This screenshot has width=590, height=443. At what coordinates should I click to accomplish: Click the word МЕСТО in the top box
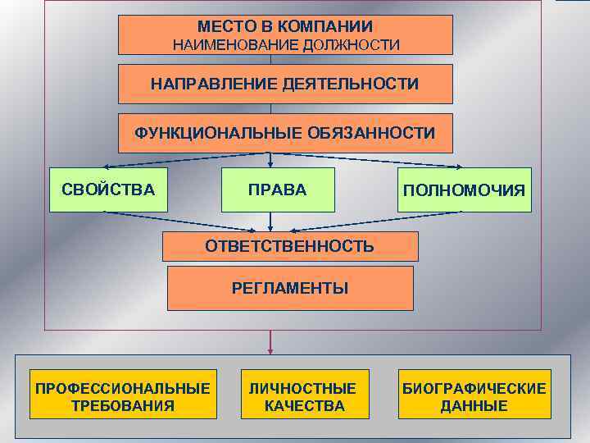point(224,27)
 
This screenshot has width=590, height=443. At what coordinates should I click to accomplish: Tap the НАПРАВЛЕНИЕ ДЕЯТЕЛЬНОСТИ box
point(285,84)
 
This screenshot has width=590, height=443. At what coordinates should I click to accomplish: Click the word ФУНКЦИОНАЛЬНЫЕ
point(214,133)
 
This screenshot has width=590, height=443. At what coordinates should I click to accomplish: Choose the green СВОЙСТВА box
point(108,190)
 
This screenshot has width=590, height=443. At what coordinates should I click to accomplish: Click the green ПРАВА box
point(278,190)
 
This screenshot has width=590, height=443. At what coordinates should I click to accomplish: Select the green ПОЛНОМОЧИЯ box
point(464,190)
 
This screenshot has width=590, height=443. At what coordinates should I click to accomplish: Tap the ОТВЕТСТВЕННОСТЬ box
point(290,246)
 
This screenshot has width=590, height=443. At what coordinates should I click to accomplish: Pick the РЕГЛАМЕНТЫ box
point(290,288)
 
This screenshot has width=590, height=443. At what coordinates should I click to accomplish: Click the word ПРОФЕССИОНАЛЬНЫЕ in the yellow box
point(122,388)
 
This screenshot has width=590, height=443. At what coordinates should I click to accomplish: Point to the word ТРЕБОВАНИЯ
point(122,405)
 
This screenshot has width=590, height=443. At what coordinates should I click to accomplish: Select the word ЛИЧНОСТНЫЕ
point(303,388)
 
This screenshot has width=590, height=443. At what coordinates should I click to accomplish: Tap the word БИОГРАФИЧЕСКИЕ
point(474,388)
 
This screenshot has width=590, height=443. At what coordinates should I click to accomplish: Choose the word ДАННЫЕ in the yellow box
point(474,405)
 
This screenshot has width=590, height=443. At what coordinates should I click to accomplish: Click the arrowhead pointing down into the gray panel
point(270,350)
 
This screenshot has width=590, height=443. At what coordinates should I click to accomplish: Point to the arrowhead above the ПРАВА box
point(271,163)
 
